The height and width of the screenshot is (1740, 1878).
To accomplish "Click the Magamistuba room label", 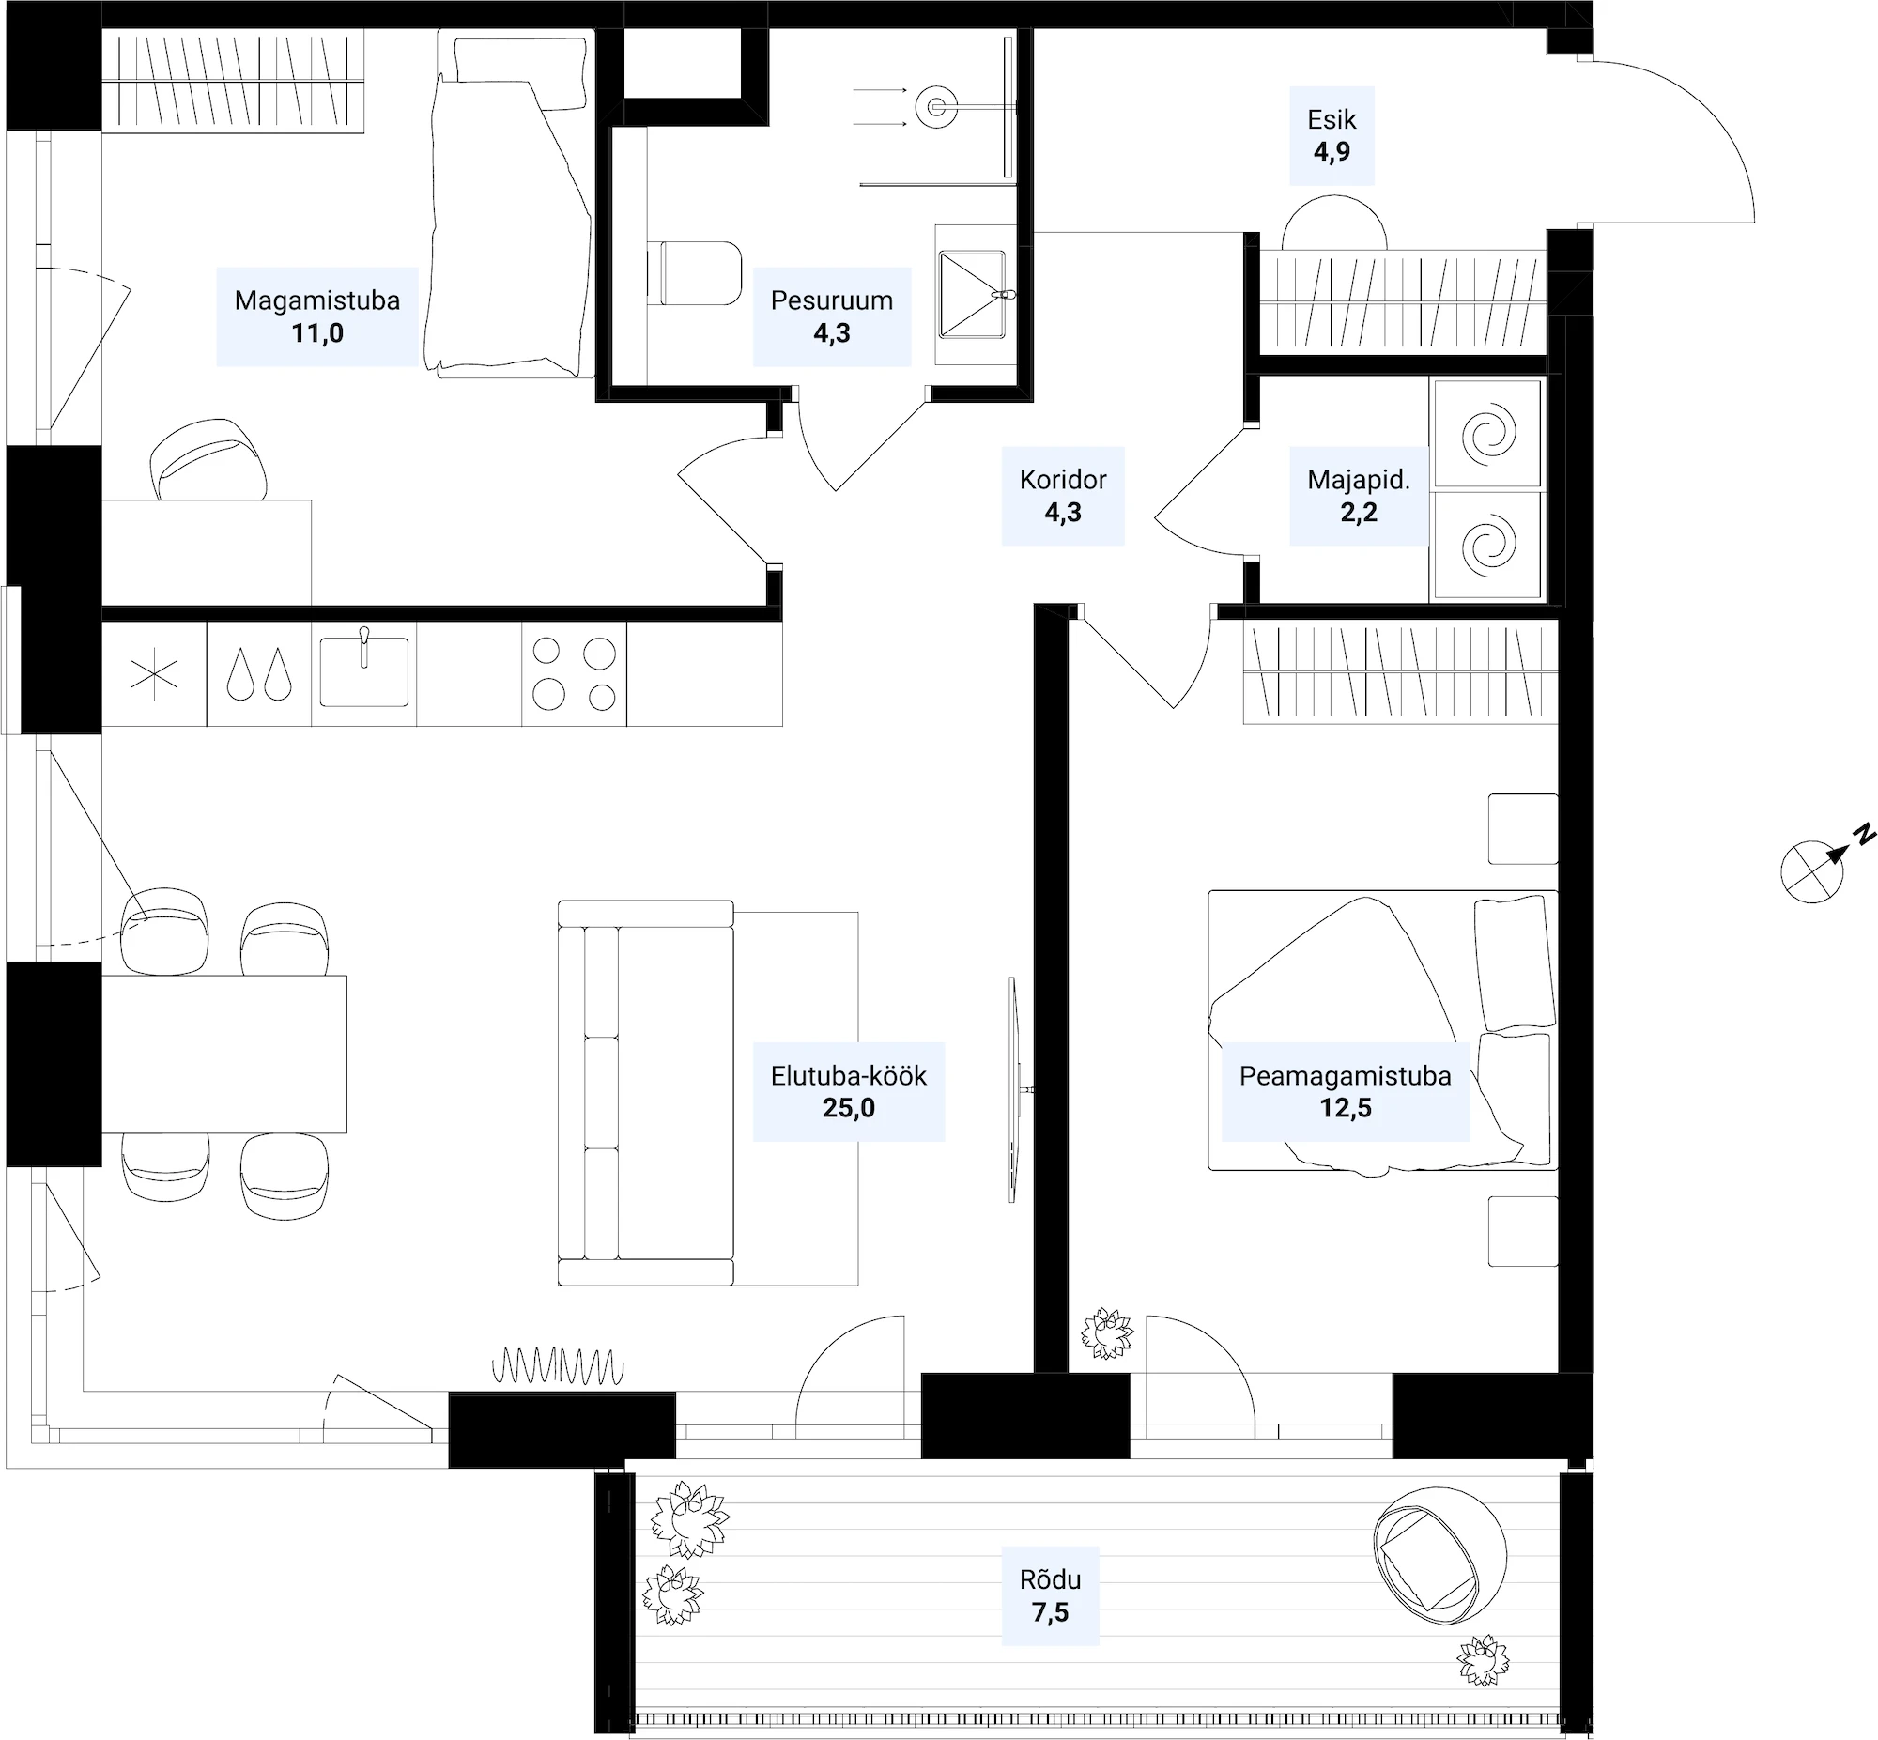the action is (x=317, y=300).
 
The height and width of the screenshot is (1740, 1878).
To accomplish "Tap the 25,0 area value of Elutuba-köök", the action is (x=848, y=1108).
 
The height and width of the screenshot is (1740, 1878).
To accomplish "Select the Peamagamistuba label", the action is (x=1345, y=1076).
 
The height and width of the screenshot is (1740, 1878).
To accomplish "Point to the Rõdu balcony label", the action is (x=1050, y=1579).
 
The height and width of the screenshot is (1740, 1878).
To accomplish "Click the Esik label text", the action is (x=1332, y=119).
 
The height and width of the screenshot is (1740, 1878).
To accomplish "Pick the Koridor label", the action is (x=1063, y=480).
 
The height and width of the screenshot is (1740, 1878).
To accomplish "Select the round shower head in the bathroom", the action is (x=935, y=106).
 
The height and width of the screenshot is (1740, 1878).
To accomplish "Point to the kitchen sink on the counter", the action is (x=363, y=670).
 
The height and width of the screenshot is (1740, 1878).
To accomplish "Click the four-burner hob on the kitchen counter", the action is (x=574, y=674).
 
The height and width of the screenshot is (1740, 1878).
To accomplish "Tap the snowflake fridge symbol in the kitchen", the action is (x=154, y=675).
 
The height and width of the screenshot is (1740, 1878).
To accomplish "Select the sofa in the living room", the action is (x=646, y=1092).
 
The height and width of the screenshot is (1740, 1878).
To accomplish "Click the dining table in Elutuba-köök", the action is (x=223, y=1054).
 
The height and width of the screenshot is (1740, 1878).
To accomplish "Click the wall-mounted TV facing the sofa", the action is (x=1014, y=1089).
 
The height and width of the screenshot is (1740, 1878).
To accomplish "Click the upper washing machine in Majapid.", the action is (x=1487, y=434).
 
